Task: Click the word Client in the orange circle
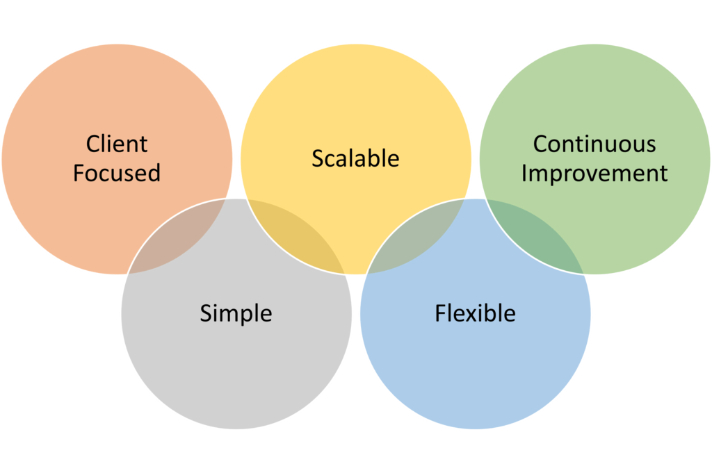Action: (x=117, y=144)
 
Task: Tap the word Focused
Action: (x=117, y=173)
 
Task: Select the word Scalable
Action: (x=355, y=158)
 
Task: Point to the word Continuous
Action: (x=594, y=144)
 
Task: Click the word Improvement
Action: (x=594, y=174)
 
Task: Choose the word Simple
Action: (x=236, y=313)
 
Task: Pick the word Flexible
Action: (x=475, y=313)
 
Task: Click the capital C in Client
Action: (x=93, y=144)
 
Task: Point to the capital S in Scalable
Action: (x=317, y=158)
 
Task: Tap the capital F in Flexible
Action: (x=440, y=313)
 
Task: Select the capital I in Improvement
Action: (x=524, y=173)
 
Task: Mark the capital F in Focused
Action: (x=78, y=173)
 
